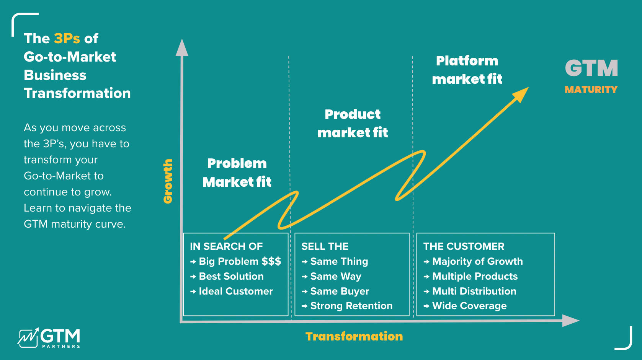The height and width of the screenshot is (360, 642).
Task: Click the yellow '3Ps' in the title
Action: pos(67,38)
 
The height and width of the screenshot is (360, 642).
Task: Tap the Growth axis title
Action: pos(168,181)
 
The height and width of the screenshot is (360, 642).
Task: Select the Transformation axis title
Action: pos(354,337)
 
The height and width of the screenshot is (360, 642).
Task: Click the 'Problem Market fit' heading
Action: pos(237,173)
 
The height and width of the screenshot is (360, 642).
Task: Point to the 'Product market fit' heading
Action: pos(353,124)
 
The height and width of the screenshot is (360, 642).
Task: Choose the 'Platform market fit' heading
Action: pos(467,70)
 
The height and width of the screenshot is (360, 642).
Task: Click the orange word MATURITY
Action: pos(591,90)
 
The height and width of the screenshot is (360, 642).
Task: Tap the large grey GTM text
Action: pos(591,68)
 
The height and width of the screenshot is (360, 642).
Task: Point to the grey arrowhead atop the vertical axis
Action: pos(182,47)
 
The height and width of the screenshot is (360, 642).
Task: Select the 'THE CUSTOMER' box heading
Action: pos(464,246)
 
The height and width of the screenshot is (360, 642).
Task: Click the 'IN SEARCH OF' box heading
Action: pos(226,246)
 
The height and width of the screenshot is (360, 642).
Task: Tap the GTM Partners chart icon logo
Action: pos(28,338)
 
